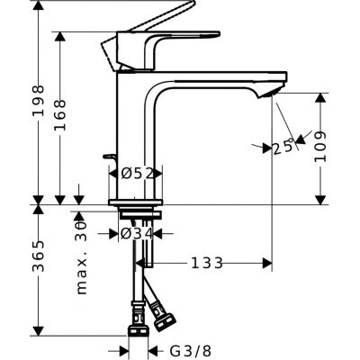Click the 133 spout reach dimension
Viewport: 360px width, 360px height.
coord(207,263)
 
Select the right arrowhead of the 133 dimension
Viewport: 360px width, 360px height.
coord(268,263)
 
